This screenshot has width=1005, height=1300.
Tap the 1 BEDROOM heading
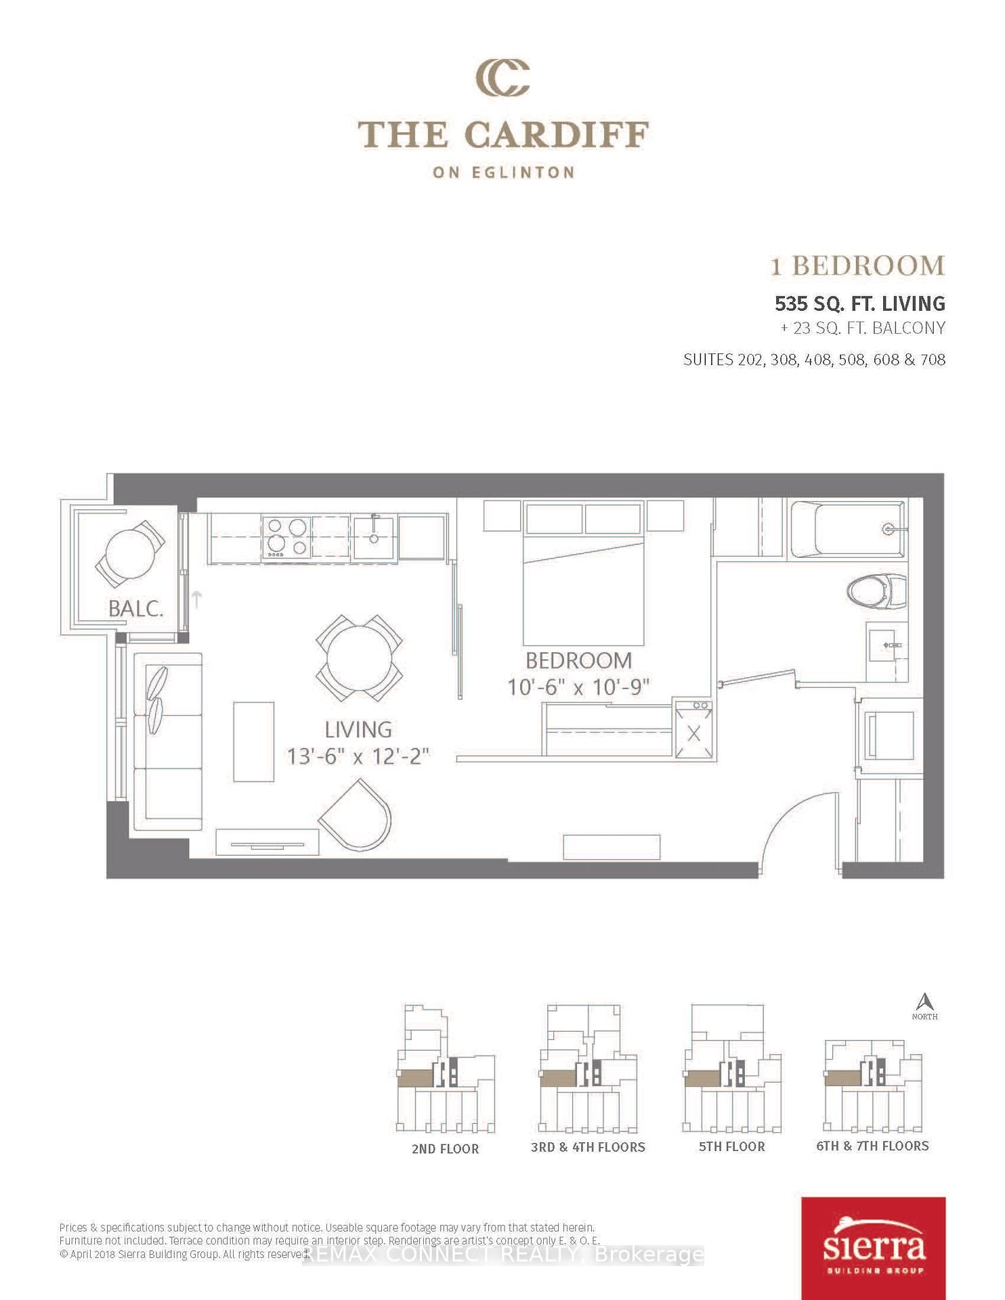[857, 265]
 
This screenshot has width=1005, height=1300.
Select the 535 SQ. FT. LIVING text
[859, 303]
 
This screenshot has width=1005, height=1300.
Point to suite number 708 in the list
[933, 360]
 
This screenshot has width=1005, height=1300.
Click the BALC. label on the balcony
[136, 608]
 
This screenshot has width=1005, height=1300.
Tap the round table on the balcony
[131, 552]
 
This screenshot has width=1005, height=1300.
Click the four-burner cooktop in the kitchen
[286, 538]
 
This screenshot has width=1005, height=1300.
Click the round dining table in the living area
[359, 658]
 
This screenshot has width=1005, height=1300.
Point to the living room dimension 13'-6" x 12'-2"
[358, 756]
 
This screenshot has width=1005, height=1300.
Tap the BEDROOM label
[578, 660]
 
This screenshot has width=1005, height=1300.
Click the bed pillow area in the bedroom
[583, 519]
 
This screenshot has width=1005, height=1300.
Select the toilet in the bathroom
[877, 591]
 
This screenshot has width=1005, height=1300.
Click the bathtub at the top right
[850, 529]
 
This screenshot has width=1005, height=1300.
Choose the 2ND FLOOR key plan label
[445, 1149]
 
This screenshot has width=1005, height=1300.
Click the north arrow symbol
[924, 1003]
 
